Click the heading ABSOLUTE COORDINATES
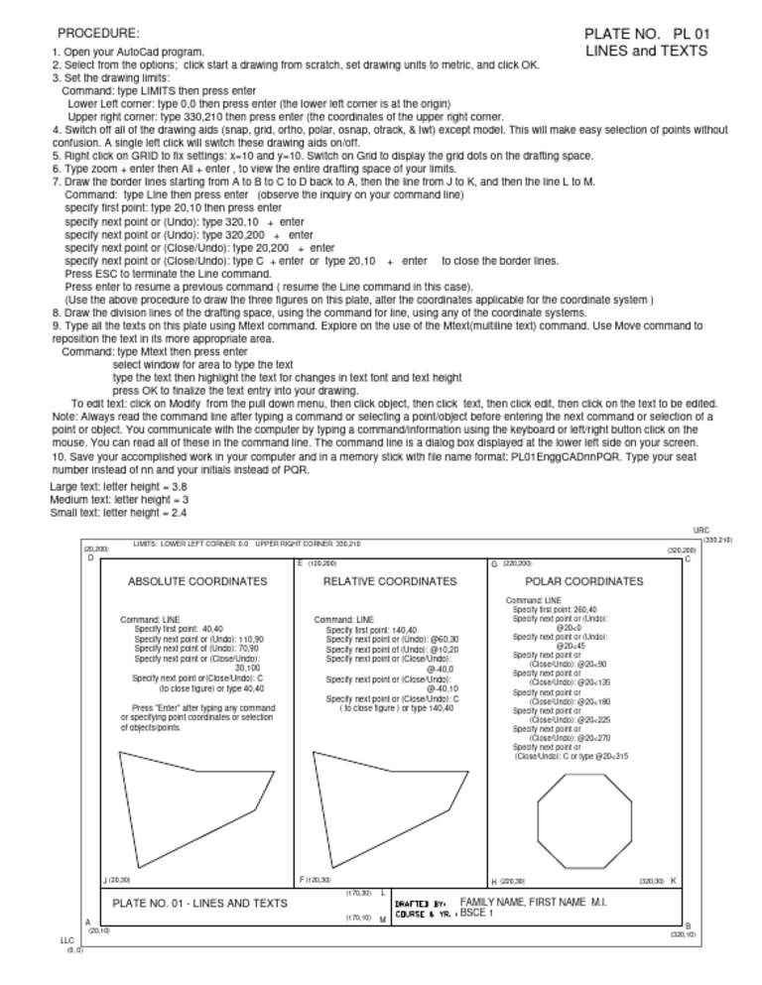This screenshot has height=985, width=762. pyautogui.click(x=197, y=581)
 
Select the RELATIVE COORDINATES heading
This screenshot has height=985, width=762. pyautogui.click(x=390, y=581)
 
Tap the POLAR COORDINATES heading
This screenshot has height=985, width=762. pyautogui.click(x=583, y=581)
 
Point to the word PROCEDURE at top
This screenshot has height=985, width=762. pyautogui.click(x=98, y=33)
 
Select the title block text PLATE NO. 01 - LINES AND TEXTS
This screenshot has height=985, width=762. pyautogui.click(x=200, y=903)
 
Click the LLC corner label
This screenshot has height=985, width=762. pyautogui.click(x=67, y=940)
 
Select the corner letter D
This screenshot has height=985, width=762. pyautogui.click(x=90, y=557)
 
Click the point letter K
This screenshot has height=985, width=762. pyautogui.click(x=674, y=880)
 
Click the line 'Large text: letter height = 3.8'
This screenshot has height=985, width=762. pyautogui.click(x=118, y=486)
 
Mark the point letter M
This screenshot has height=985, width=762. pyautogui.click(x=383, y=920)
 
